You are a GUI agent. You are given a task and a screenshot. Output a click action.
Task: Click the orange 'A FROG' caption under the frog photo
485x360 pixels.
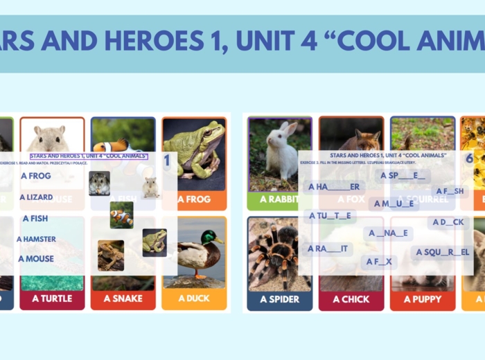tap(194, 199)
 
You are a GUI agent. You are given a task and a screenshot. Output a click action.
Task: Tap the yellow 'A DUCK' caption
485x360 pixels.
tap(195, 298)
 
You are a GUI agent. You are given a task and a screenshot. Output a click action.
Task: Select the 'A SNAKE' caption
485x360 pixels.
tap(123, 298)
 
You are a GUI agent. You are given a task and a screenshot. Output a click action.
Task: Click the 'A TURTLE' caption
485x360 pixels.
tap(52, 298)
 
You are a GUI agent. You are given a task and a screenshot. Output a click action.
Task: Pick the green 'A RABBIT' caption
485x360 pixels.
tap(279, 199)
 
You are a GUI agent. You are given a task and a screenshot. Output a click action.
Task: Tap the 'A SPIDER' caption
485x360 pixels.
tap(279, 299)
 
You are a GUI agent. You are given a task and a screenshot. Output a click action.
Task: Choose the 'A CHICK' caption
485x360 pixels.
tap(351, 299)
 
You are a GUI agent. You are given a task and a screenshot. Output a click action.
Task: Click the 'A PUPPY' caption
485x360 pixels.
tap(423, 299)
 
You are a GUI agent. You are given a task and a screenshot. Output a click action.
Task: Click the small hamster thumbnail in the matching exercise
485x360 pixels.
tap(99, 183)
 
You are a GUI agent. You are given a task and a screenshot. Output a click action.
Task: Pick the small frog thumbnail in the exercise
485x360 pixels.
tap(154, 242)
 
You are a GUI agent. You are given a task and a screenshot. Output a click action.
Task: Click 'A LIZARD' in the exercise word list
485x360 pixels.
tap(36, 197)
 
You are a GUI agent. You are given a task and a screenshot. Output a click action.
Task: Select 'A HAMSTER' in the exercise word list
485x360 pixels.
tap(36, 239)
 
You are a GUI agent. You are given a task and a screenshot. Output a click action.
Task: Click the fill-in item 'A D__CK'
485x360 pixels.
tap(448, 222)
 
